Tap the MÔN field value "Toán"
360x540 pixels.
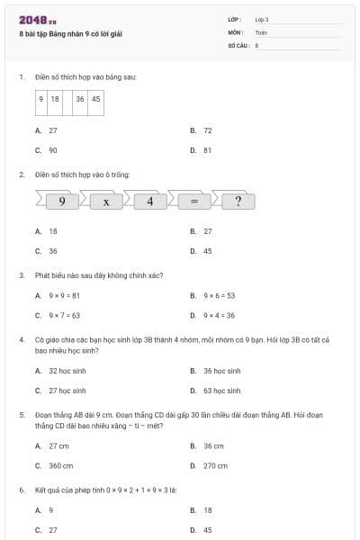tap(262, 31)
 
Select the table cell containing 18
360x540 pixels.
tap(55, 99)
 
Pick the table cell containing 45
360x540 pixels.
tap(95, 99)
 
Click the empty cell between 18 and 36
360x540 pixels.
tap(67, 99)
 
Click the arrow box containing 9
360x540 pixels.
tap(61, 202)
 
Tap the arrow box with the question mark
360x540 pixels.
tap(238, 202)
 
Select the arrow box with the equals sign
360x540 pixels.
tap(193, 202)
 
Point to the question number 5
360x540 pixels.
tap(21, 415)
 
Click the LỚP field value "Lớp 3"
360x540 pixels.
tap(262, 19)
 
